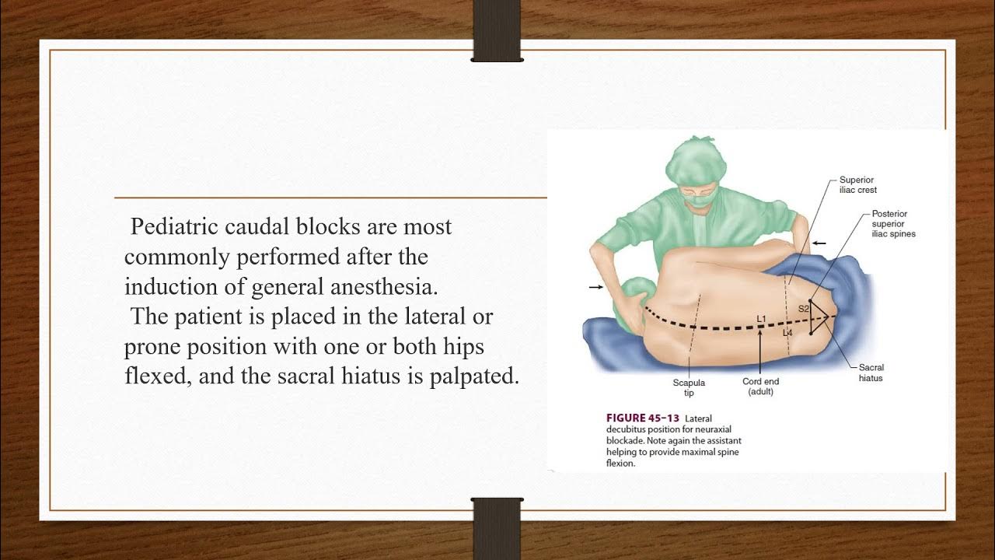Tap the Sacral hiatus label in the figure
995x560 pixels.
click(871, 373)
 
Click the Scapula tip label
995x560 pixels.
click(689, 387)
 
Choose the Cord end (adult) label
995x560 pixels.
click(760, 387)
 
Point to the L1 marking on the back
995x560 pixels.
click(761, 319)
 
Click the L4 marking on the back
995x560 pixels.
click(787, 333)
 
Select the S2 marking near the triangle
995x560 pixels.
click(804, 309)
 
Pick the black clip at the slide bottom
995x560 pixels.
click(497, 529)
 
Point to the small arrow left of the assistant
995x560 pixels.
click(595, 287)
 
